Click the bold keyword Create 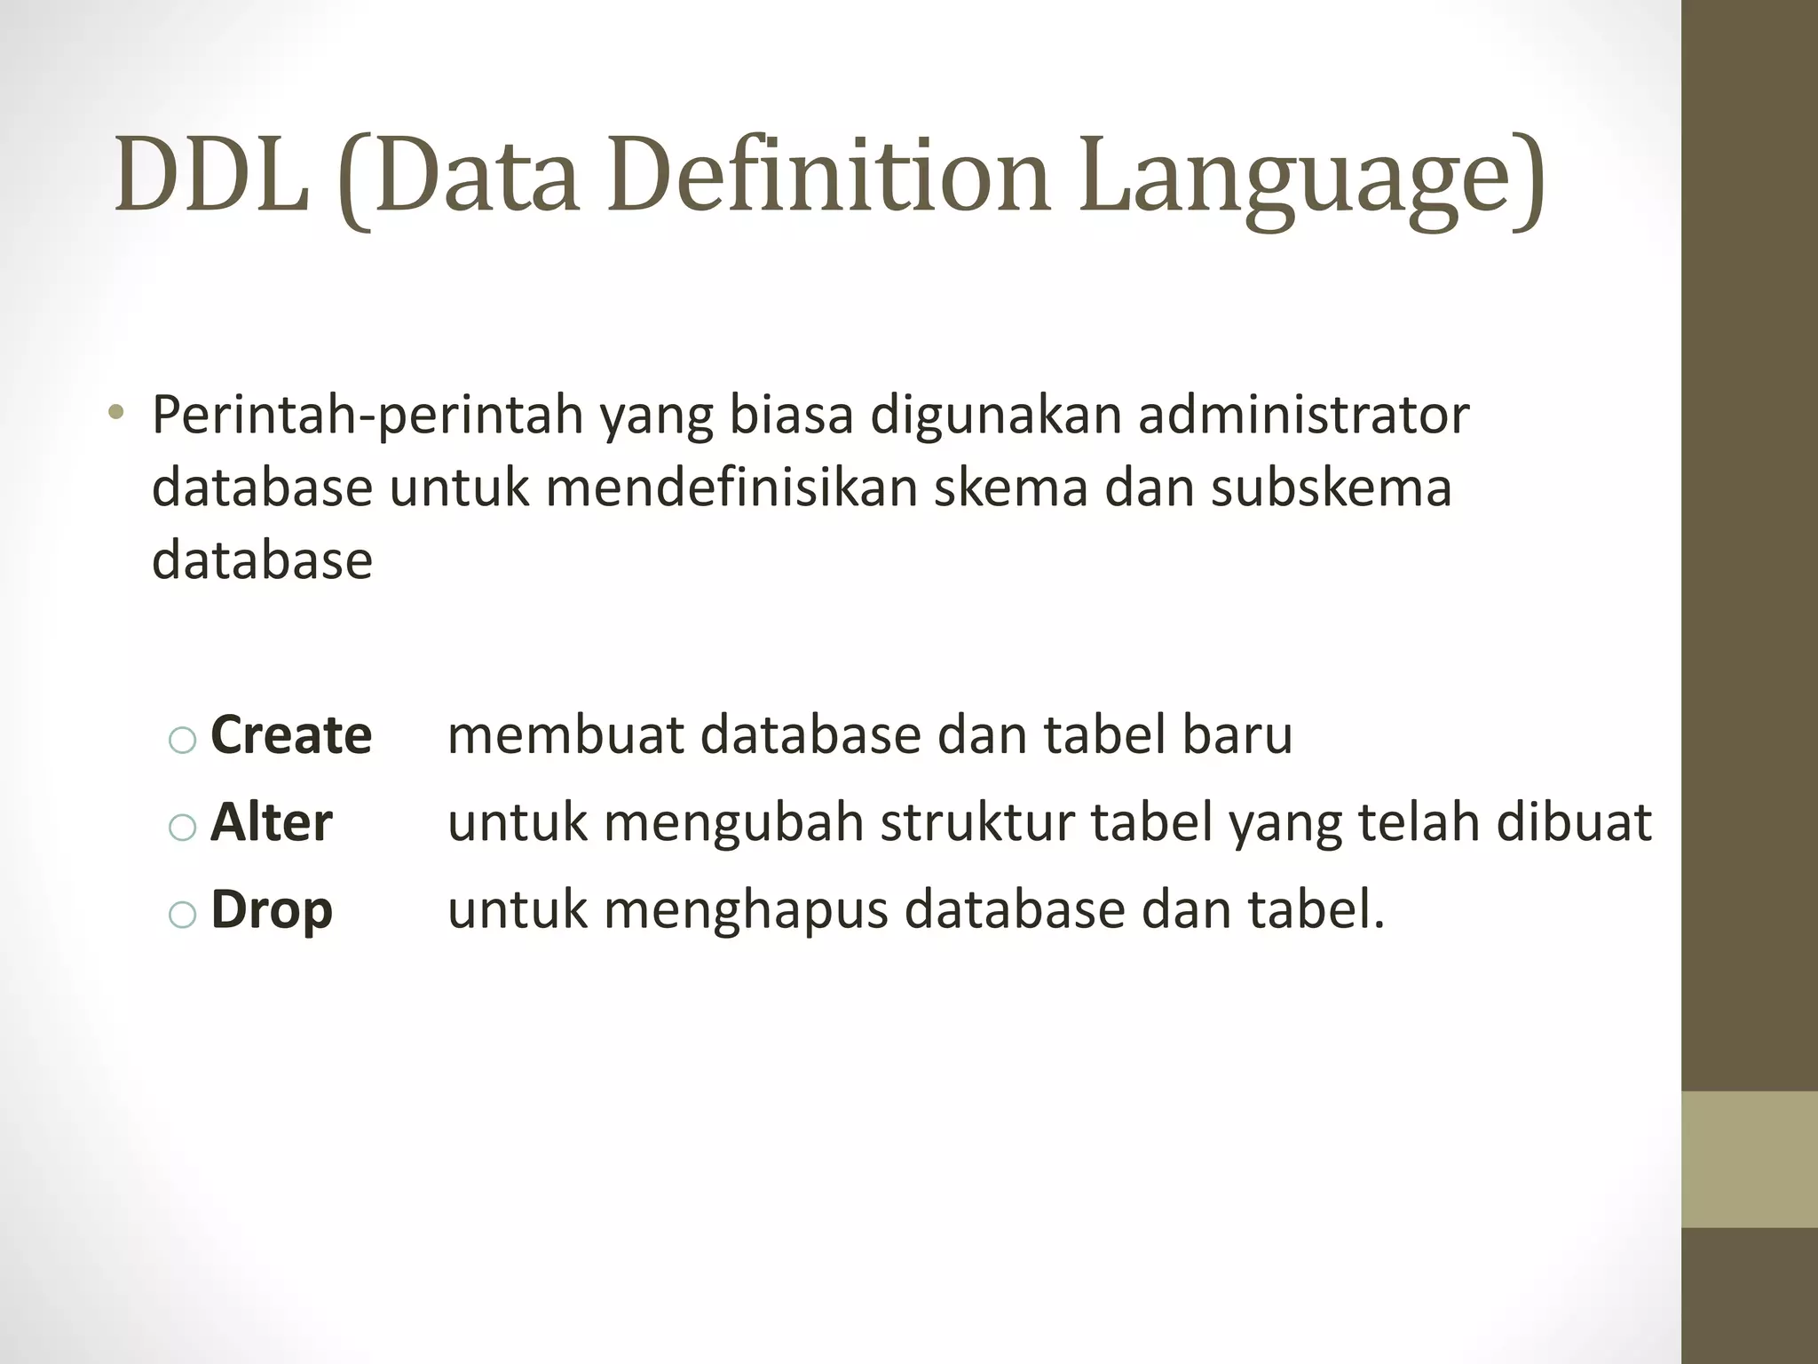[291, 735]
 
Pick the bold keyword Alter [272, 822]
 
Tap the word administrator [1303, 416]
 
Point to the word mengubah [733, 822]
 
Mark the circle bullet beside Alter [182, 828]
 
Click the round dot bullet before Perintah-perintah [115, 414]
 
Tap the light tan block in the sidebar [1749, 1159]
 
